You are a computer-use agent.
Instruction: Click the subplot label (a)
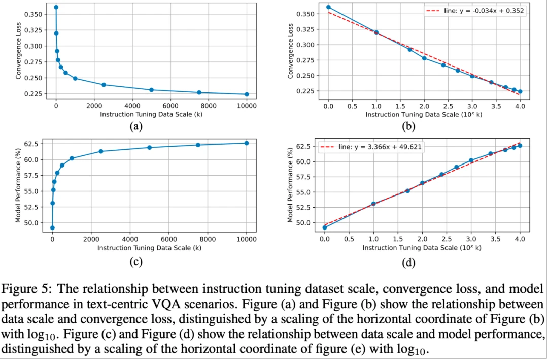point(135,126)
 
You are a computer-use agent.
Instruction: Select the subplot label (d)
point(408,263)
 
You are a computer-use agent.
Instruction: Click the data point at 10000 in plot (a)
point(247,94)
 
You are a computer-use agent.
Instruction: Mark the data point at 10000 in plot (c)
point(247,143)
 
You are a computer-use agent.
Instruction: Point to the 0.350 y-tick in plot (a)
point(32,14)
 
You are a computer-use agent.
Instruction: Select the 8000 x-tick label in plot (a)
point(208,106)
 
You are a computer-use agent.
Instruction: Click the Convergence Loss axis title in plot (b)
point(291,52)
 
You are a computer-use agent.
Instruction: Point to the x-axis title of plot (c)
point(149,248)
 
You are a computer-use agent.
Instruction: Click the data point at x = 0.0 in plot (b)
point(328,7)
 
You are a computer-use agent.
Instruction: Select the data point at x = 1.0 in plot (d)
point(373,204)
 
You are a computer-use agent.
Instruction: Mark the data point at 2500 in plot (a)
point(104,85)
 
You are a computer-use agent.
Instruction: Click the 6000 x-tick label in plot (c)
point(168,240)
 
